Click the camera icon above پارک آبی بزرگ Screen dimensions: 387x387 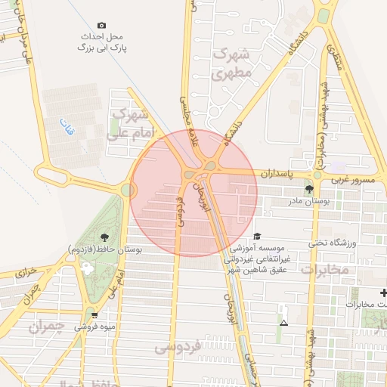point(102,25)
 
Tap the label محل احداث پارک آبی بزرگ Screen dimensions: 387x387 point(104,42)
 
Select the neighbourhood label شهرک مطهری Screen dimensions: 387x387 point(231,64)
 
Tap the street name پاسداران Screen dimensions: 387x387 point(276,173)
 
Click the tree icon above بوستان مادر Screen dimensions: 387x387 point(308,189)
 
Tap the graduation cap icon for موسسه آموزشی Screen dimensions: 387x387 point(257,236)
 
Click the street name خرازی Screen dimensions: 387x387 point(26,271)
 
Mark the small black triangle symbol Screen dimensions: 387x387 point(283,323)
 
